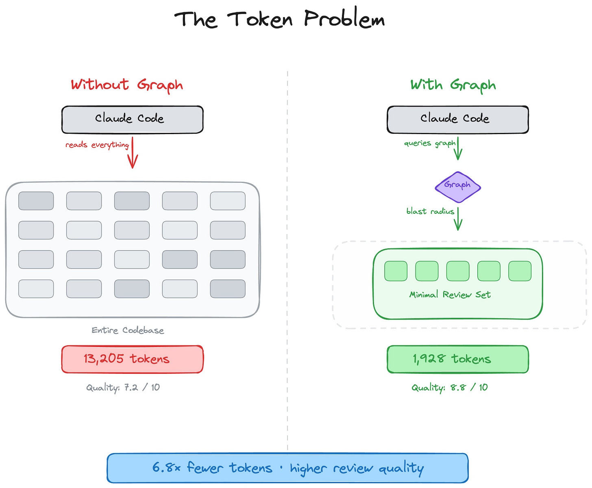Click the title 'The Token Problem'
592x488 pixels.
(x=279, y=20)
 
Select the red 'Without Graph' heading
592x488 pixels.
(x=127, y=85)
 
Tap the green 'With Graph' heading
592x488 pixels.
(x=453, y=85)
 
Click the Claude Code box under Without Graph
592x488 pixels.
(x=132, y=119)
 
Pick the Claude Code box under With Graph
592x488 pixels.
(x=458, y=119)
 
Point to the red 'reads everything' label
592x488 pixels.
(x=97, y=145)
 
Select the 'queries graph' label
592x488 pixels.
(x=430, y=143)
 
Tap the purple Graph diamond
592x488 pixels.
(x=458, y=187)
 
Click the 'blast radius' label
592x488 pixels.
(x=430, y=211)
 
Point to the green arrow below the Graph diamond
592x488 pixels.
(x=458, y=219)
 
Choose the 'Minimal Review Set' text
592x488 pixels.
(x=450, y=295)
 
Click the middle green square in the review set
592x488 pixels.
(x=458, y=271)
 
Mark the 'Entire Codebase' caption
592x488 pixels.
(x=128, y=330)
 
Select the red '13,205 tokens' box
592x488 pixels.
(x=132, y=359)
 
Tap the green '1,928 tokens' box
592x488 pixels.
(x=458, y=359)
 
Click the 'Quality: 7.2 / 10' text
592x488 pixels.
(x=123, y=388)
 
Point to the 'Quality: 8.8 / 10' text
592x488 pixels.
(x=449, y=388)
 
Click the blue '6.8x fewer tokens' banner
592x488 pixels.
(x=287, y=468)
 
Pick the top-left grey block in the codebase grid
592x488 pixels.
(x=36, y=201)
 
